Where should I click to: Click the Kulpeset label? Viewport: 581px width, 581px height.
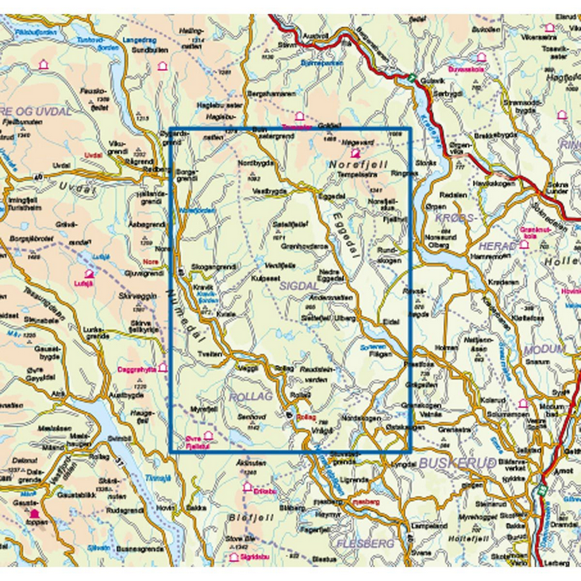(x=265, y=279)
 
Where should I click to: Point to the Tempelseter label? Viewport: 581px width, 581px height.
(x=356, y=175)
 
